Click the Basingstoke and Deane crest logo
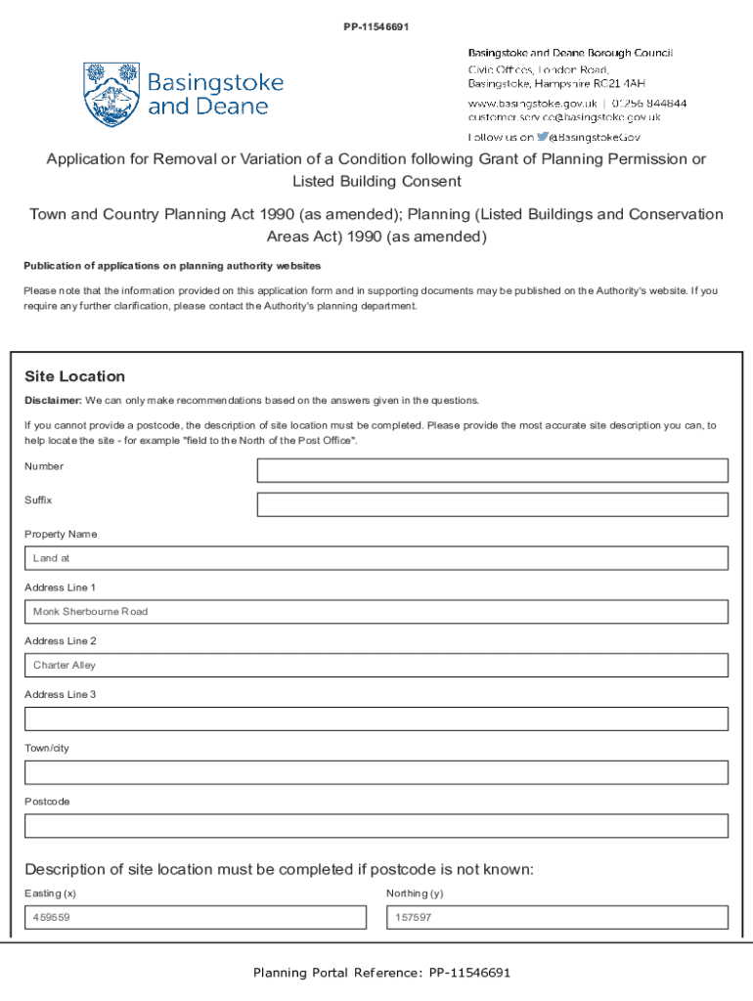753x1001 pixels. click(x=111, y=95)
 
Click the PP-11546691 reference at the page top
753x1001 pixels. click(x=376, y=26)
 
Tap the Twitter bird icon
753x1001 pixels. click(x=542, y=137)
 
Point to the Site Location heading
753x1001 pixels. click(x=74, y=376)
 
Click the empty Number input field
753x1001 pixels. click(x=492, y=470)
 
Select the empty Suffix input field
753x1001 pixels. click(x=492, y=504)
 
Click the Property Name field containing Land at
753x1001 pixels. click(x=376, y=558)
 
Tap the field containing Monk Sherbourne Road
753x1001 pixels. click(x=376, y=612)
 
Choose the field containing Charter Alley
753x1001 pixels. click(x=376, y=665)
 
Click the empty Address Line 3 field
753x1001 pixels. click(x=376, y=718)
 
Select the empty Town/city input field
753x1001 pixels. click(x=376, y=772)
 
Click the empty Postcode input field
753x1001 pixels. click(x=376, y=826)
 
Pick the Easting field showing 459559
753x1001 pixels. click(x=195, y=918)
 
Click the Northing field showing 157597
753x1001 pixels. click(x=556, y=918)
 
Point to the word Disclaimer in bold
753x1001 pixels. click(x=53, y=400)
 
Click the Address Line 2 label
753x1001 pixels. click(x=60, y=641)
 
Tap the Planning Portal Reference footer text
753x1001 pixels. click(x=381, y=973)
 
